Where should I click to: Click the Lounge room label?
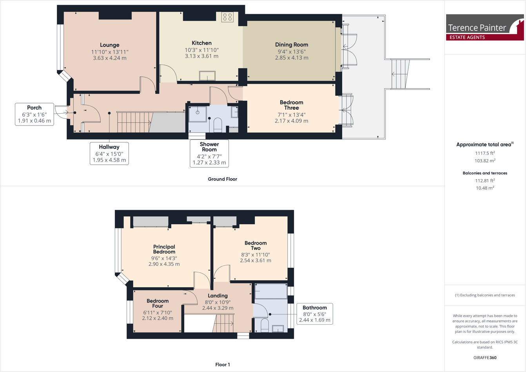[109, 45]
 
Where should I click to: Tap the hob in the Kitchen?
[227, 17]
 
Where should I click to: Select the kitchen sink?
[207, 75]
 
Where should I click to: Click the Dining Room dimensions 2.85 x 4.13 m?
[291, 58]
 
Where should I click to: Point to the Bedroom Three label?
[291, 105]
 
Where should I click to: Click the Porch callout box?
[34, 114]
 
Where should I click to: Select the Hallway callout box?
[109, 153]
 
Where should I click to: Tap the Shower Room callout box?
[209, 153]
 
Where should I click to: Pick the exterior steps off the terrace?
[400, 74]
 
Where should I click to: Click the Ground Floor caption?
[222, 179]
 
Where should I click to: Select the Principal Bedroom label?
[164, 249]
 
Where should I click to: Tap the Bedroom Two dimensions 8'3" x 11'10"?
[256, 255]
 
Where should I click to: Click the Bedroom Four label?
[158, 303]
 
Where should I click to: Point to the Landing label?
[218, 296]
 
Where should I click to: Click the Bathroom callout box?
[314, 314]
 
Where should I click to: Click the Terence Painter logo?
[485, 27]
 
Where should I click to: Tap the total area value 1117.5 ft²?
[484, 153]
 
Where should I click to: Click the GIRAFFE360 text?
[485, 357]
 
